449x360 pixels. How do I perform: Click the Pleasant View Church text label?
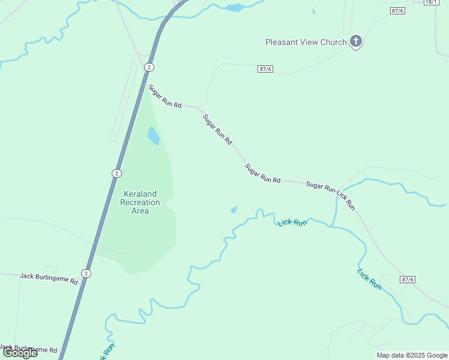pos(306,42)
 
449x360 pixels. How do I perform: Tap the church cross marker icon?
pos(356,41)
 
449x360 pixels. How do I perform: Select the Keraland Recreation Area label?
pos(140,202)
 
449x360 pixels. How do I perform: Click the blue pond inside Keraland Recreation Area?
pos(153,136)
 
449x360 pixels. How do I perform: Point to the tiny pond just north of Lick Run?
pos(234,210)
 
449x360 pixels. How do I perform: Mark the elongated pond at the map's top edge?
pos(235,8)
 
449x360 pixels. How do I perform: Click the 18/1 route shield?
pos(431,2)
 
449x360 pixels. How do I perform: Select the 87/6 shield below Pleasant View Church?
pos(265,69)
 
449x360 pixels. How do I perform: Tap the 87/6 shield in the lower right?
pos(407,280)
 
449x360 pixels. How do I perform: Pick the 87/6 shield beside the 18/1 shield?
pos(397,11)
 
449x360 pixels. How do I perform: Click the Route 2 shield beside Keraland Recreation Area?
pos(116,173)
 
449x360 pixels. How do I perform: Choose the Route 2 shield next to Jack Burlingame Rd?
pos(87,274)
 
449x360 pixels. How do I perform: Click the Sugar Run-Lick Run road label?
pos(331,195)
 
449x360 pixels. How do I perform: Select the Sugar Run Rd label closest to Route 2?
pos(165,97)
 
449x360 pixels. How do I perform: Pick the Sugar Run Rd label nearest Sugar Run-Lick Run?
pos(263,173)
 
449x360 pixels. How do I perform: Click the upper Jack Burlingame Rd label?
pos(49,279)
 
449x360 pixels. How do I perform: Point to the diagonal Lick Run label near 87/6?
pos(369,280)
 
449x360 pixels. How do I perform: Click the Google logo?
pos(20,352)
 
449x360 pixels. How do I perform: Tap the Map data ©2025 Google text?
pos(411,355)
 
